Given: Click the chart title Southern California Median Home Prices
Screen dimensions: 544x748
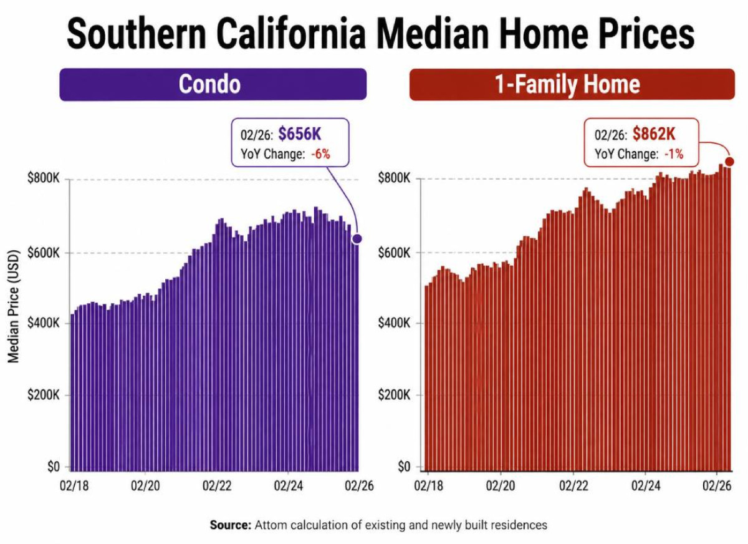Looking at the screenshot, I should (x=380, y=34).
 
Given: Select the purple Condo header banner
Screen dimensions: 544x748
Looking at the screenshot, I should (x=213, y=84).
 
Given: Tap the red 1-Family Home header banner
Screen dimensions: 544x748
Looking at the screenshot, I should (x=572, y=84).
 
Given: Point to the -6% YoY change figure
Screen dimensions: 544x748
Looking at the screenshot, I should (x=320, y=153).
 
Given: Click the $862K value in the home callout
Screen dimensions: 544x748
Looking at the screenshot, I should (x=654, y=134).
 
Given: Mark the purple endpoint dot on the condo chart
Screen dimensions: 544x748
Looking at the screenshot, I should (x=357, y=238).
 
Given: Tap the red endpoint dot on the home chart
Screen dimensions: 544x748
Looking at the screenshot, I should (x=730, y=162).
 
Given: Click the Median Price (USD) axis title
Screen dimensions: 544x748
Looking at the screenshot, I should (x=14, y=306).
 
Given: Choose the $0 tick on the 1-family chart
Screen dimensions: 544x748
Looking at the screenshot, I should (x=403, y=466).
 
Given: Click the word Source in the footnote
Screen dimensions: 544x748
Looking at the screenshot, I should (x=230, y=525).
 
